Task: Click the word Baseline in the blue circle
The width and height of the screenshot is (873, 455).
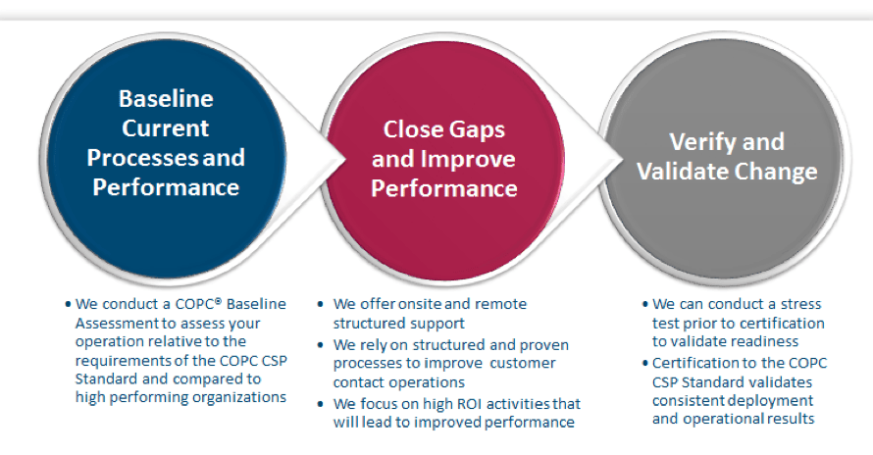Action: click(x=166, y=99)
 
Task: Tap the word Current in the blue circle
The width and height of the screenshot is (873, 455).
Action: click(x=166, y=128)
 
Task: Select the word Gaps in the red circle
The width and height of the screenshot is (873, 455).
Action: click(x=477, y=130)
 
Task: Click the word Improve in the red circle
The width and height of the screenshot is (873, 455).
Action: click(x=468, y=160)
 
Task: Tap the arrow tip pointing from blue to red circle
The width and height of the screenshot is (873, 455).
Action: click(x=345, y=159)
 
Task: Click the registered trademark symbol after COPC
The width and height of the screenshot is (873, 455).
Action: click(x=218, y=301)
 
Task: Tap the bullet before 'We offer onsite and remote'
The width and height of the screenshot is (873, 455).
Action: click(x=320, y=305)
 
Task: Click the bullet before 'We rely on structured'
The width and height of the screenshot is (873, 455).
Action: click(x=320, y=345)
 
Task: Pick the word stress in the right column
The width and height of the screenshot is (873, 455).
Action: click(x=800, y=304)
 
